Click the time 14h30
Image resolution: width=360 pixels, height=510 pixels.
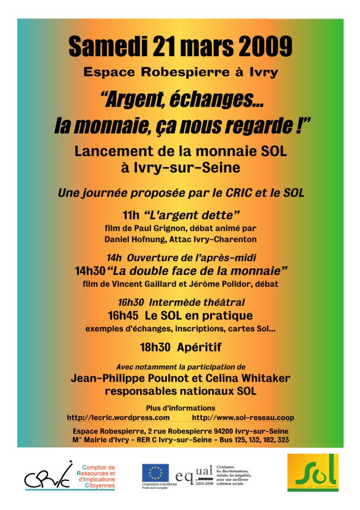point(89,271)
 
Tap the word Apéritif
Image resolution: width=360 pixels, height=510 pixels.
point(199,347)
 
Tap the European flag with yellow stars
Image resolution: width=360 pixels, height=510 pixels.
point(155,473)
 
